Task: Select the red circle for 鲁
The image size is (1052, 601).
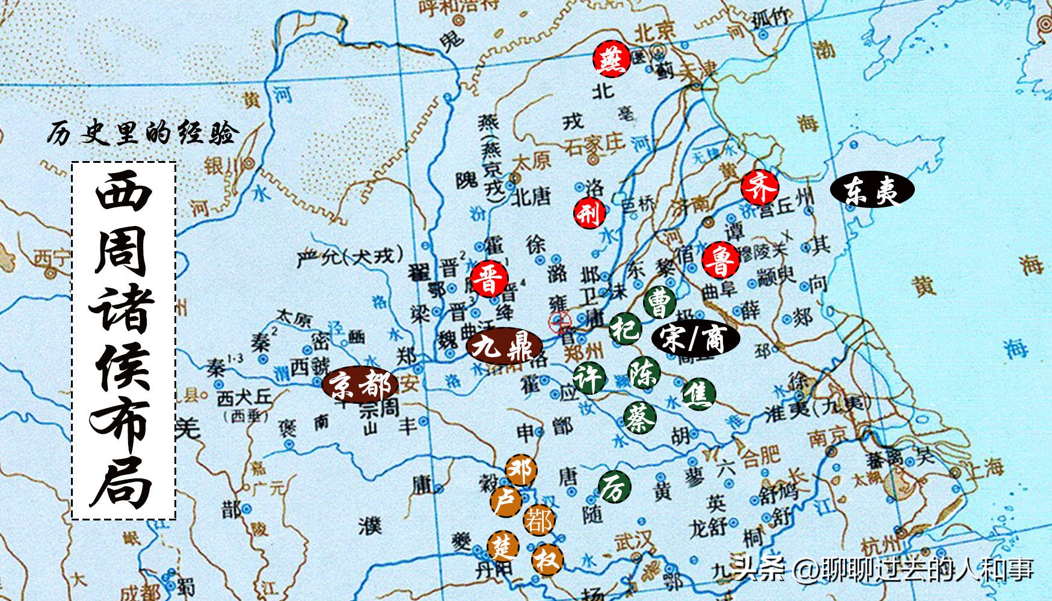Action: point(719,260)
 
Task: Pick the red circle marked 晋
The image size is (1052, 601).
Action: point(490,278)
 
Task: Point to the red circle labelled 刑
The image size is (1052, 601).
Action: point(589,212)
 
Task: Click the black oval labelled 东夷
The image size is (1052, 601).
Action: point(872,191)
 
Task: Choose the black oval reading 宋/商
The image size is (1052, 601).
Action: point(695,338)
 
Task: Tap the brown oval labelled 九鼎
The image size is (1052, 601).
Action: point(504,346)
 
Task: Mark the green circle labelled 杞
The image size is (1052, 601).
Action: point(625,328)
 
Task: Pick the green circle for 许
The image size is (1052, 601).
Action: point(588,378)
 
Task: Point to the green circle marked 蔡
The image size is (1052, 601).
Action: point(639,417)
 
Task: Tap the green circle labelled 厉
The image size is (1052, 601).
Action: point(615,487)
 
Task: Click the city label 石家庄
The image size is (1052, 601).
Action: point(593,145)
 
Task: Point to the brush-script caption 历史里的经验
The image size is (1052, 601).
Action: point(143,133)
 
